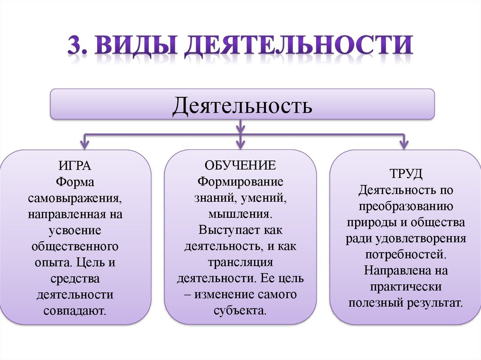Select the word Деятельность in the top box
(242, 105)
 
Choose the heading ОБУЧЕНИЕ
(240, 165)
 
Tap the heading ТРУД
(406, 174)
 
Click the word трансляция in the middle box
(240, 262)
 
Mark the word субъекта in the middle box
(240, 311)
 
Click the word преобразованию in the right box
(406, 207)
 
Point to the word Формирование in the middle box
(240, 182)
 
